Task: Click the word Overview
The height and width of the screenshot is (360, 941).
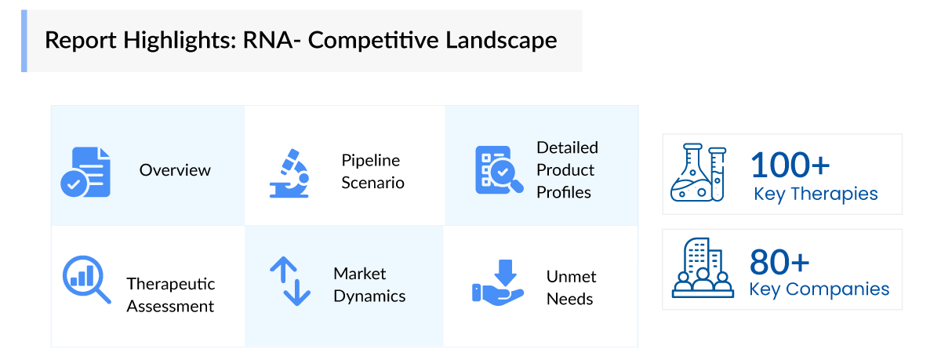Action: coord(175,170)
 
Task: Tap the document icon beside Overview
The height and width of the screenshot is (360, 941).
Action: coord(86,171)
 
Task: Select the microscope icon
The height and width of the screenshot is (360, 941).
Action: coord(289,172)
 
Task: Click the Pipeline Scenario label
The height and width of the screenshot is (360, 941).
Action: coord(372,171)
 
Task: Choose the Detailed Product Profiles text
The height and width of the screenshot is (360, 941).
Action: coord(567,169)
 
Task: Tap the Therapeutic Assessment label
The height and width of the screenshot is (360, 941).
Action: coord(170,294)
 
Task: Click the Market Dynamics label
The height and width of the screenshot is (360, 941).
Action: coord(369,284)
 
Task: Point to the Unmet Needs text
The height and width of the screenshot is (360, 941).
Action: coord(571,287)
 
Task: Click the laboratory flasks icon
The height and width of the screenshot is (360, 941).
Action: coord(698,173)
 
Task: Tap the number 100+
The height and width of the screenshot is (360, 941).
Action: coord(790,165)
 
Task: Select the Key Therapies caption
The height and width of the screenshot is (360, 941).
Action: coord(816,194)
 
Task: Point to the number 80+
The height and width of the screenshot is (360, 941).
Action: coord(779,260)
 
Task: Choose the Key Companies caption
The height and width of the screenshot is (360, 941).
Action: coord(819,289)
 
